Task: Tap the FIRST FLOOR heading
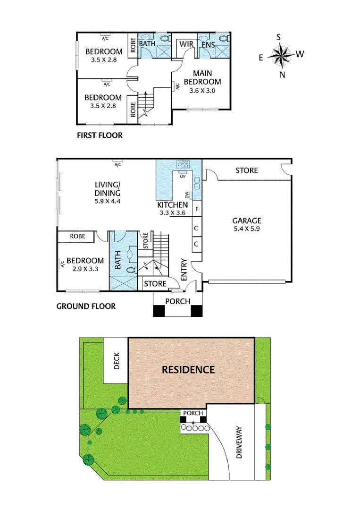click(100, 136)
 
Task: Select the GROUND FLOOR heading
click(86, 306)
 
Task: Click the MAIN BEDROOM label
click(202, 77)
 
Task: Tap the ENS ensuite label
click(208, 44)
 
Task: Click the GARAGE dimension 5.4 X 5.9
click(246, 229)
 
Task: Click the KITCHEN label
click(173, 205)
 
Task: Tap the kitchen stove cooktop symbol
click(182, 165)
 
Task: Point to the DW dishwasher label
click(187, 195)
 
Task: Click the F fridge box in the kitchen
click(197, 208)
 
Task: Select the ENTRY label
click(184, 269)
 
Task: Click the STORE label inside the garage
click(246, 170)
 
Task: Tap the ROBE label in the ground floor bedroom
click(77, 236)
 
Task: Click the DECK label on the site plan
click(117, 361)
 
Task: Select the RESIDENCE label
click(188, 369)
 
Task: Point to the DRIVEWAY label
click(239, 442)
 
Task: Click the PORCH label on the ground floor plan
click(177, 301)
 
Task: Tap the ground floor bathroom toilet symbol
click(132, 270)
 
